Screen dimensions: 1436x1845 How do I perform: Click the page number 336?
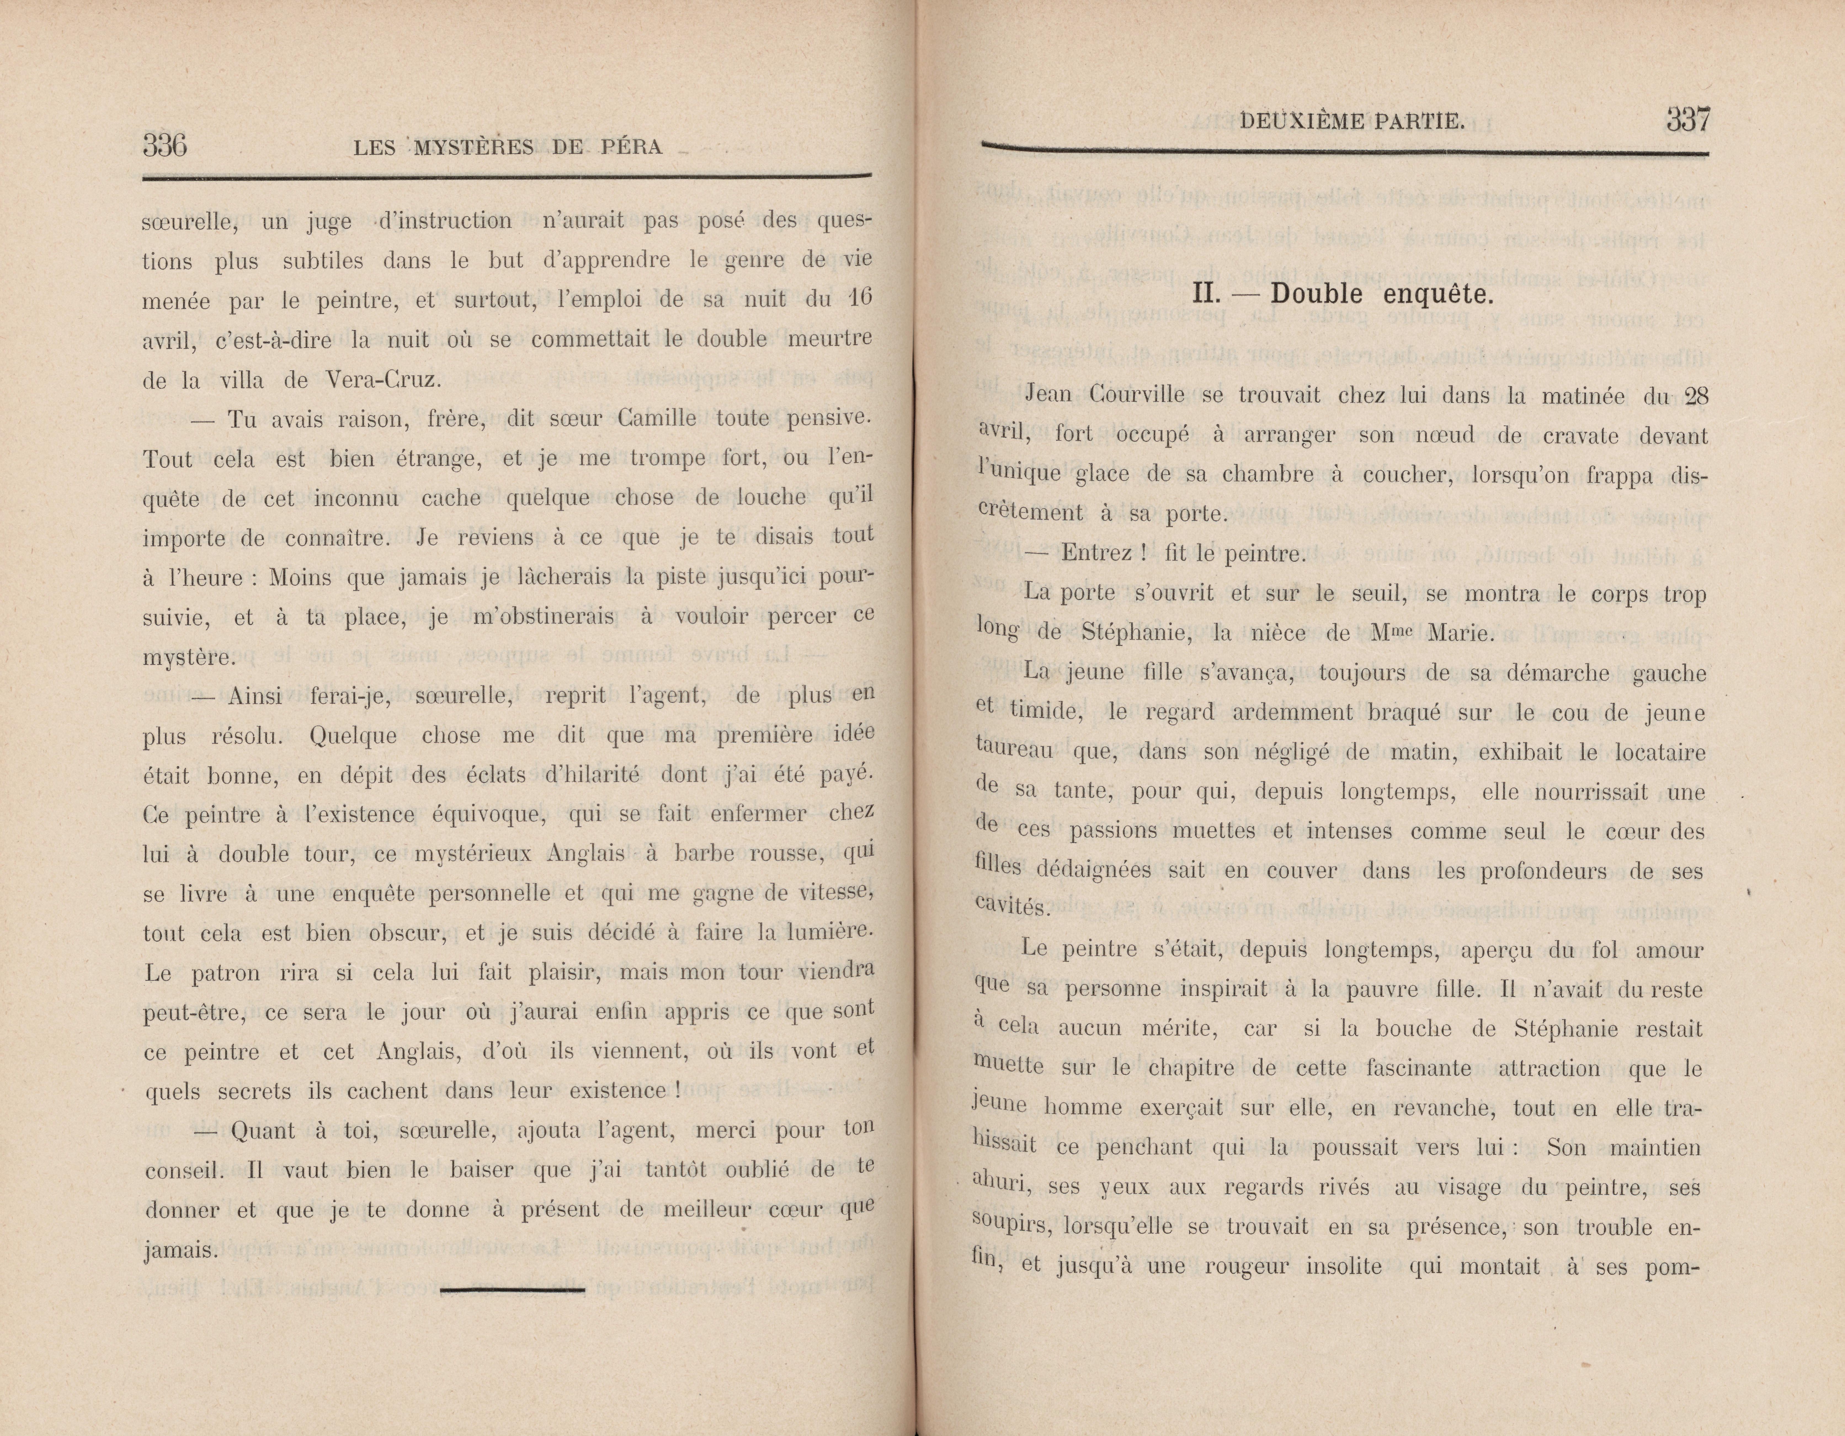point(165,146)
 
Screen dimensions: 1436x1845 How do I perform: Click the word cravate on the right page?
point(1569,436)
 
